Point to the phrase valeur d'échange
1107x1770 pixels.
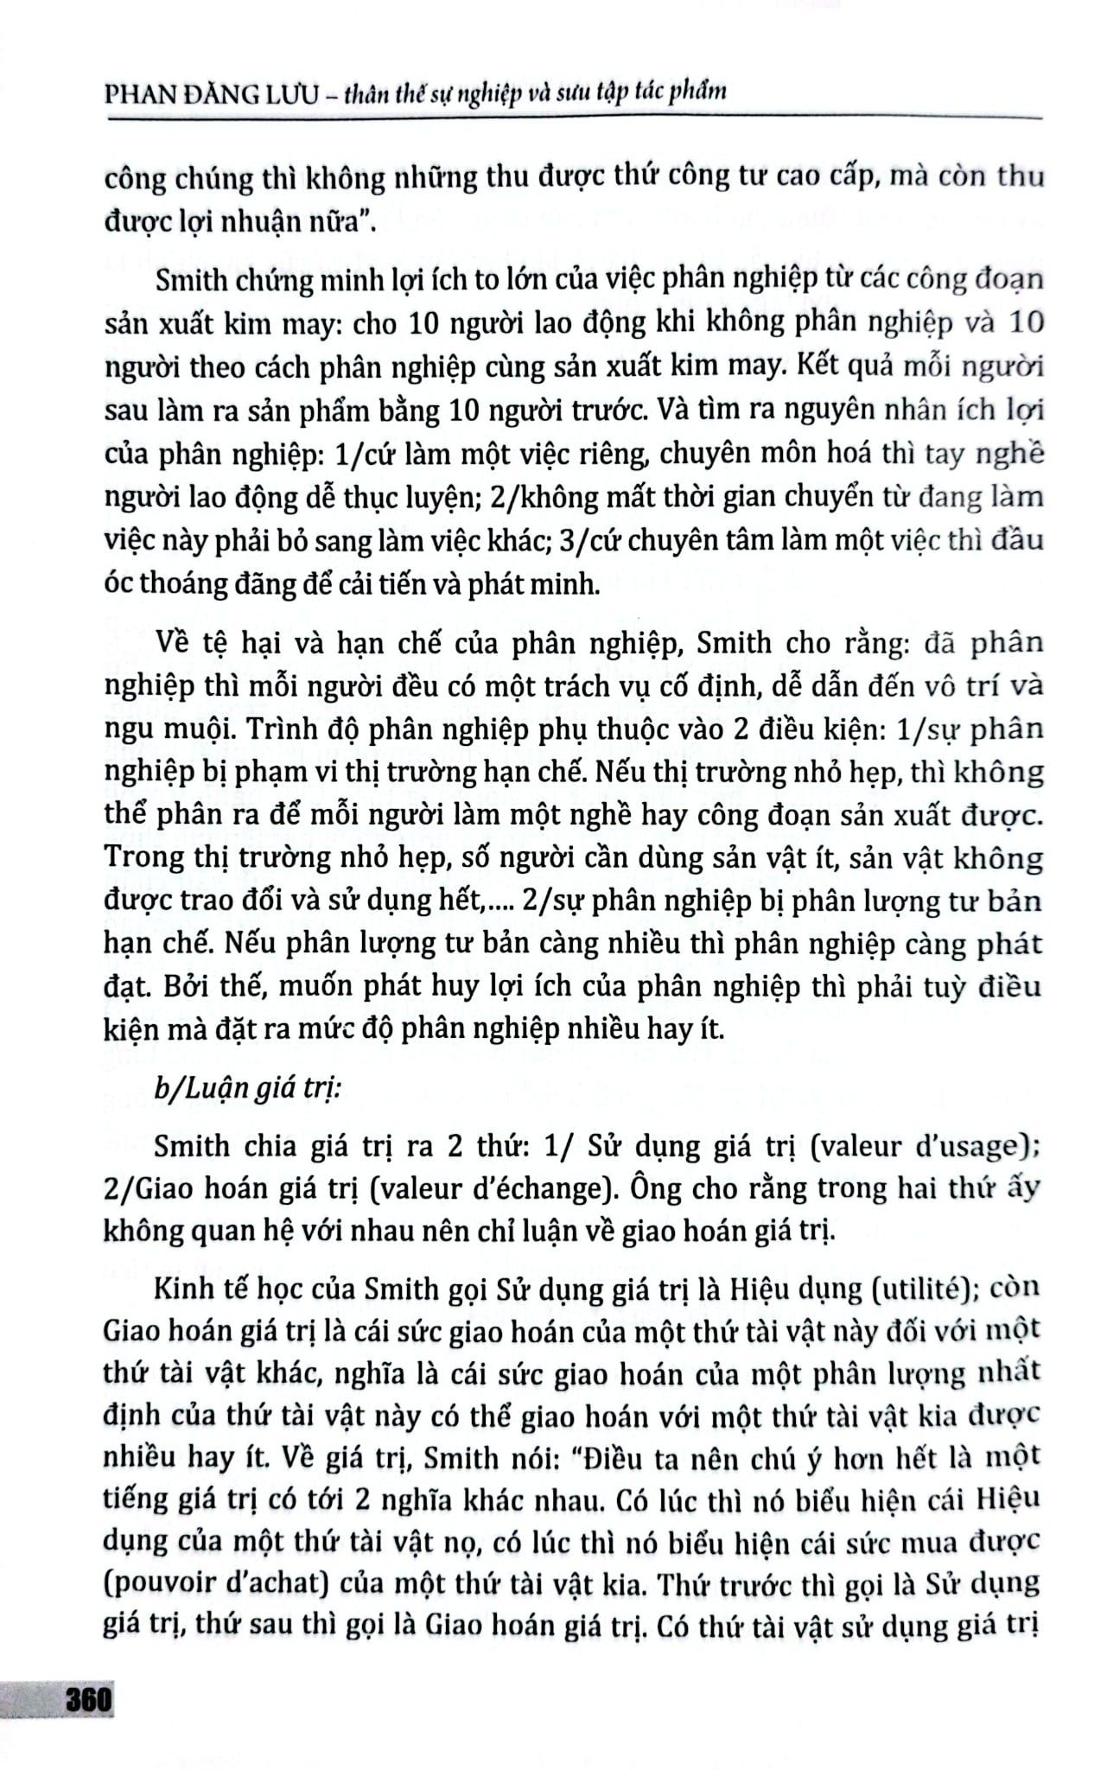click(484, 1189)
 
